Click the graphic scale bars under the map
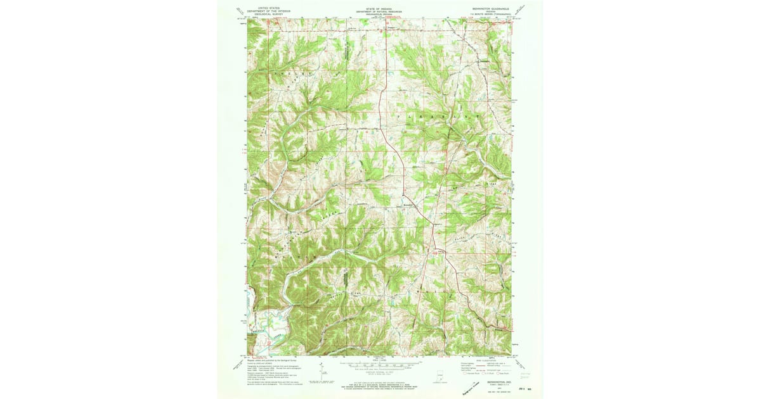(x=377, y=365)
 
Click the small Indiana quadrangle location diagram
(x=439, y=376)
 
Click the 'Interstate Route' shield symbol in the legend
(x=467, y=374)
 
